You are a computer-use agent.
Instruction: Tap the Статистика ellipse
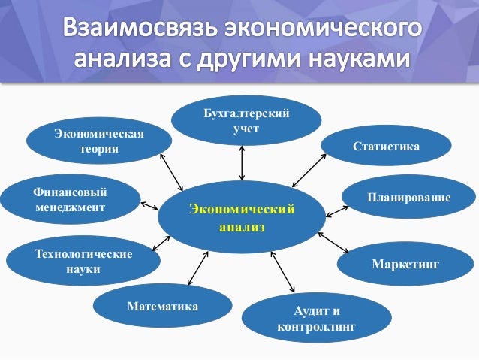(x=386, y=145)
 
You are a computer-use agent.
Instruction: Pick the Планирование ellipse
(x=409, y=197)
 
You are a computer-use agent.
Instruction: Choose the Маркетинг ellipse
(x=405, y=264)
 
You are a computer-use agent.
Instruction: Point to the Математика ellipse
(x=163, y=306)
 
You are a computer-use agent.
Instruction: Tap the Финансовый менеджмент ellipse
(x=70, y=199)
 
